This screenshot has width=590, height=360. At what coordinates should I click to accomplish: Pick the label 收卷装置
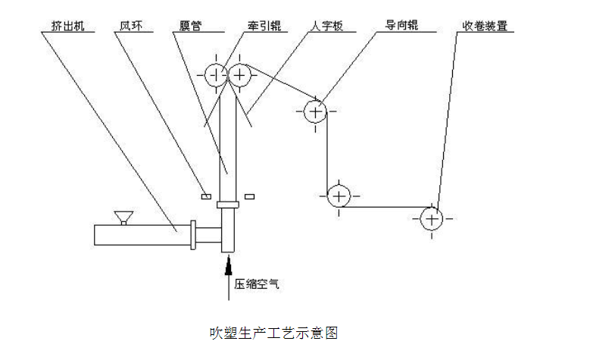484,26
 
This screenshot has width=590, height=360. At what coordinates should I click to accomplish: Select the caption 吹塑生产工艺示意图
273,332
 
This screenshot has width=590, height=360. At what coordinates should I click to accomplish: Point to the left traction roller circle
216,74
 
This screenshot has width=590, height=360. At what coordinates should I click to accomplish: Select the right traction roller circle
240,74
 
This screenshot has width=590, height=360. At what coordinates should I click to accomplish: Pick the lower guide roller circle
338,196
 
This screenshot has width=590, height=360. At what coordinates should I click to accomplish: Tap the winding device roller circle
431,219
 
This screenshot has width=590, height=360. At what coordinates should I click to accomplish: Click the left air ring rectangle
205,197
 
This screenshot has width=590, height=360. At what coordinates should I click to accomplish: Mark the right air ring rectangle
250,197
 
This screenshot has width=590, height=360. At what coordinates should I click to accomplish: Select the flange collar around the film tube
228,204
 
